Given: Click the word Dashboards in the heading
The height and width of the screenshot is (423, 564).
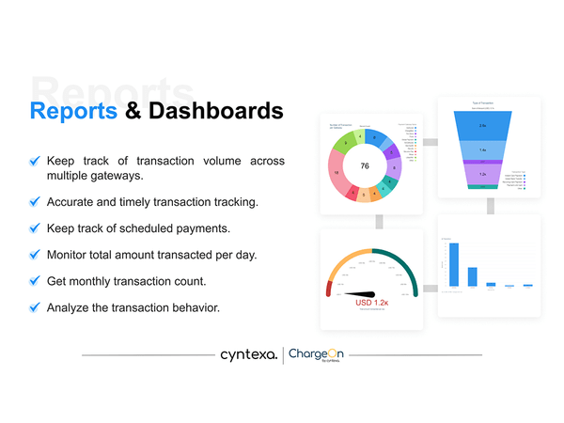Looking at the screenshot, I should click(215, 111).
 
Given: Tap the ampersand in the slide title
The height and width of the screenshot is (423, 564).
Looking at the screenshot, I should click(134, 111).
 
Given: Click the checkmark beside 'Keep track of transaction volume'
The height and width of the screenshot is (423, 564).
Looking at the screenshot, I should click(35, 162).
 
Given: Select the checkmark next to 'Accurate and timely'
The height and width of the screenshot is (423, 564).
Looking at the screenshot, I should click(35, 201).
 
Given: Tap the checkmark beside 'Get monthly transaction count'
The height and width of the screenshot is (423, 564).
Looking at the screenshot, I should click(35, 280).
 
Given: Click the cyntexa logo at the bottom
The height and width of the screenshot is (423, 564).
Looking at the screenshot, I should click(248, 355).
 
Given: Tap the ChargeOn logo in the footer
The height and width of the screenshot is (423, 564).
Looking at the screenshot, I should click(316, 355).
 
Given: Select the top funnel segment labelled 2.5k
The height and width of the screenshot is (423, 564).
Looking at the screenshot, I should click(483, 125).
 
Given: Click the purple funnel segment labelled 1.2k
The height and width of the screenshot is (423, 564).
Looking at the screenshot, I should click(483, 174).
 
